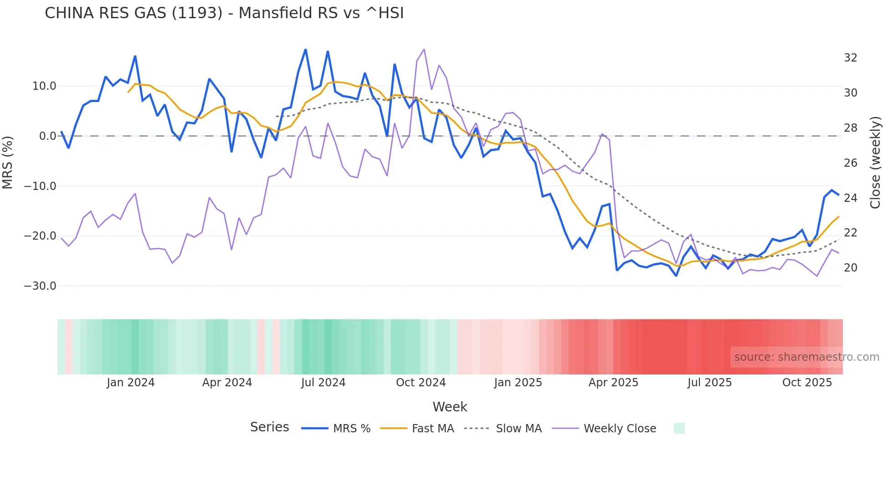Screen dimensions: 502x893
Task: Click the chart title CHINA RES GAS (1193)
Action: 224,13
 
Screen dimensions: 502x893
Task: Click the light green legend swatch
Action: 679,428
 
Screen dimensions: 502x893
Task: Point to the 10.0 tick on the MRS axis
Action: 44,86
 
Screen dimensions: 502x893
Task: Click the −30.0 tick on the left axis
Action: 40,286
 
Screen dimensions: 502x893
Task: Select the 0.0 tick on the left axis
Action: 47,136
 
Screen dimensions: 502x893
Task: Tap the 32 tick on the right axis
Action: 850,58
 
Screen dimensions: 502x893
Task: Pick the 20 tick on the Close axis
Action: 850,268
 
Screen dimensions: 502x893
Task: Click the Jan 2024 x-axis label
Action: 131,383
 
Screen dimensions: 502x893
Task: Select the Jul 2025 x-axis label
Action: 709,383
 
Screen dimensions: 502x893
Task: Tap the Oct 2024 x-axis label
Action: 421,383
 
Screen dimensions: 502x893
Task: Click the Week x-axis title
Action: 450,407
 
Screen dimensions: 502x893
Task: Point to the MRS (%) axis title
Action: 8,163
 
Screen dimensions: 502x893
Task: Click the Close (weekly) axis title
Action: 875,163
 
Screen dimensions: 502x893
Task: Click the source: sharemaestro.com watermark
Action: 806,357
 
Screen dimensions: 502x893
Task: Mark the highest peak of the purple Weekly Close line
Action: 424,50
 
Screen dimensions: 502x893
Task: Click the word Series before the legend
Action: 269,427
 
